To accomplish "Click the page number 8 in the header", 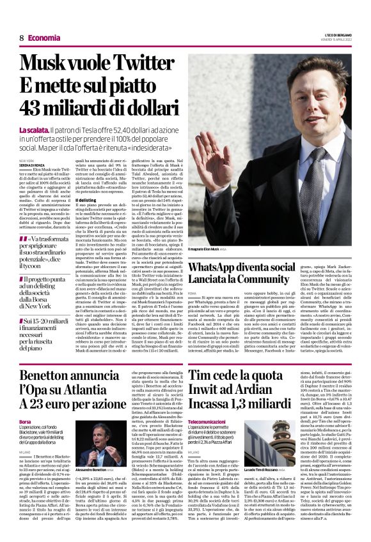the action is coord(22,38).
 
